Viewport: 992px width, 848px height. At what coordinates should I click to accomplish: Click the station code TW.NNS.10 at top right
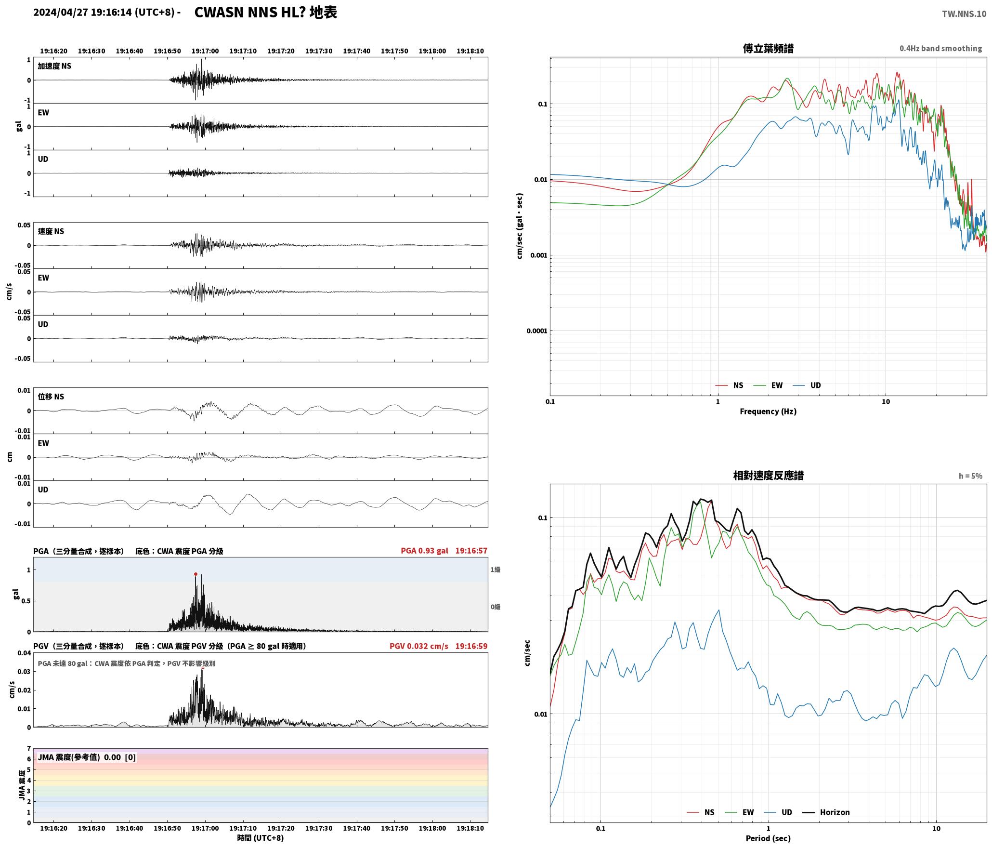click(x=964, y=14)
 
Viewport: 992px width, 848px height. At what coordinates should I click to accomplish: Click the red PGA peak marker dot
click(x=196, y=574)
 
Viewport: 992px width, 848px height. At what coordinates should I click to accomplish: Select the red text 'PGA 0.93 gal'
click(x=424, y=550)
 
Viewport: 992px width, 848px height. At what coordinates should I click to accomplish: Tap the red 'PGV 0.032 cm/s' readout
click(x=418, y=646)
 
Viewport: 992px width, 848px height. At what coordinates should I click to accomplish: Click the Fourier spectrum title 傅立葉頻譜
click(x=768, y=48)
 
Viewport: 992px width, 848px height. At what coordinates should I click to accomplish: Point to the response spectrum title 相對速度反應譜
click(x=768, y=475)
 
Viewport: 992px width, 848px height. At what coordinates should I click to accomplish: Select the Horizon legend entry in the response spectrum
click(x=826, y=812)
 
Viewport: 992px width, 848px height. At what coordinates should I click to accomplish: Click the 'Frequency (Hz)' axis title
click(x=768, y=411)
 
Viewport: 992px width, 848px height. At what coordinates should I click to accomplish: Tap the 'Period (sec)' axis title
click(x=768, y=838)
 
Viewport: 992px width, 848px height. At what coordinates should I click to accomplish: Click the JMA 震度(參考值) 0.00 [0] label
click(x=87, y=757)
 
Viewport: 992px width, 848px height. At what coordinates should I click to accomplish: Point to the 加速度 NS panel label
click(x=54, y=66)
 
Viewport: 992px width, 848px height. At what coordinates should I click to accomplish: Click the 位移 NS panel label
click(x=51, y=397)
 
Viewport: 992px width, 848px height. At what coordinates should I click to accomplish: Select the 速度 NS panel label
click(x=51, y=231)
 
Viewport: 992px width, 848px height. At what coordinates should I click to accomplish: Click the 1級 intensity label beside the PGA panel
click(x=496, y=570)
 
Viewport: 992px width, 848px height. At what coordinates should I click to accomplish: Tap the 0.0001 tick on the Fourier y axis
click(x=537, y=331)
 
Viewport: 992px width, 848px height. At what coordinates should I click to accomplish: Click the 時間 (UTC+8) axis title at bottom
click(x=261, y=838)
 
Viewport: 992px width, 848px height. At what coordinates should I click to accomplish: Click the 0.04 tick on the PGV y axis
click(x=24, y=653)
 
